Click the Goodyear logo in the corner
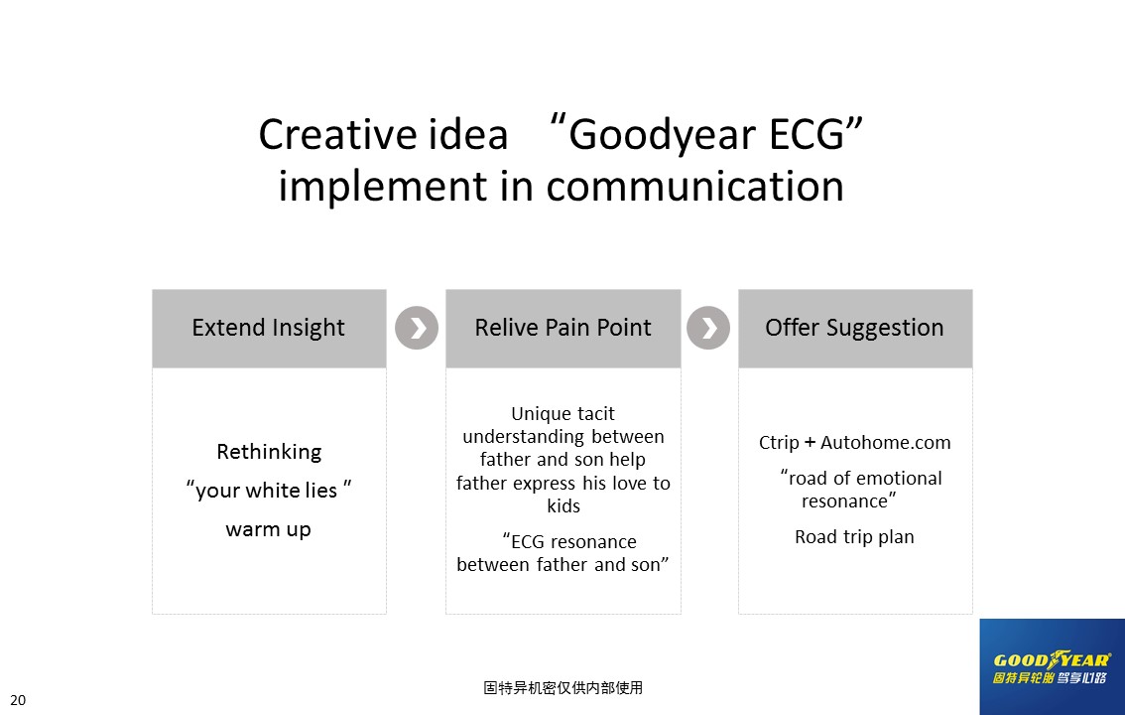1052,667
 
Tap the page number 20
18,700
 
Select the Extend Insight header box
269,328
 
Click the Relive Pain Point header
563,328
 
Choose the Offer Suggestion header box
855,328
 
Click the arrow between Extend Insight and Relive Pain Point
416,328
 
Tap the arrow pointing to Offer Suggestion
708,328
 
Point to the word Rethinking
269,452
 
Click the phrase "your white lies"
268,491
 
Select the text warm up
268,529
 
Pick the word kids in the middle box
563,506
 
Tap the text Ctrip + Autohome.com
854,442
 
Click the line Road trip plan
854,537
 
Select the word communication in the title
694,186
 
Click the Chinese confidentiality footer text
563,688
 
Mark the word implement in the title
383,188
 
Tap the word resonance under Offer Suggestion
844,501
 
